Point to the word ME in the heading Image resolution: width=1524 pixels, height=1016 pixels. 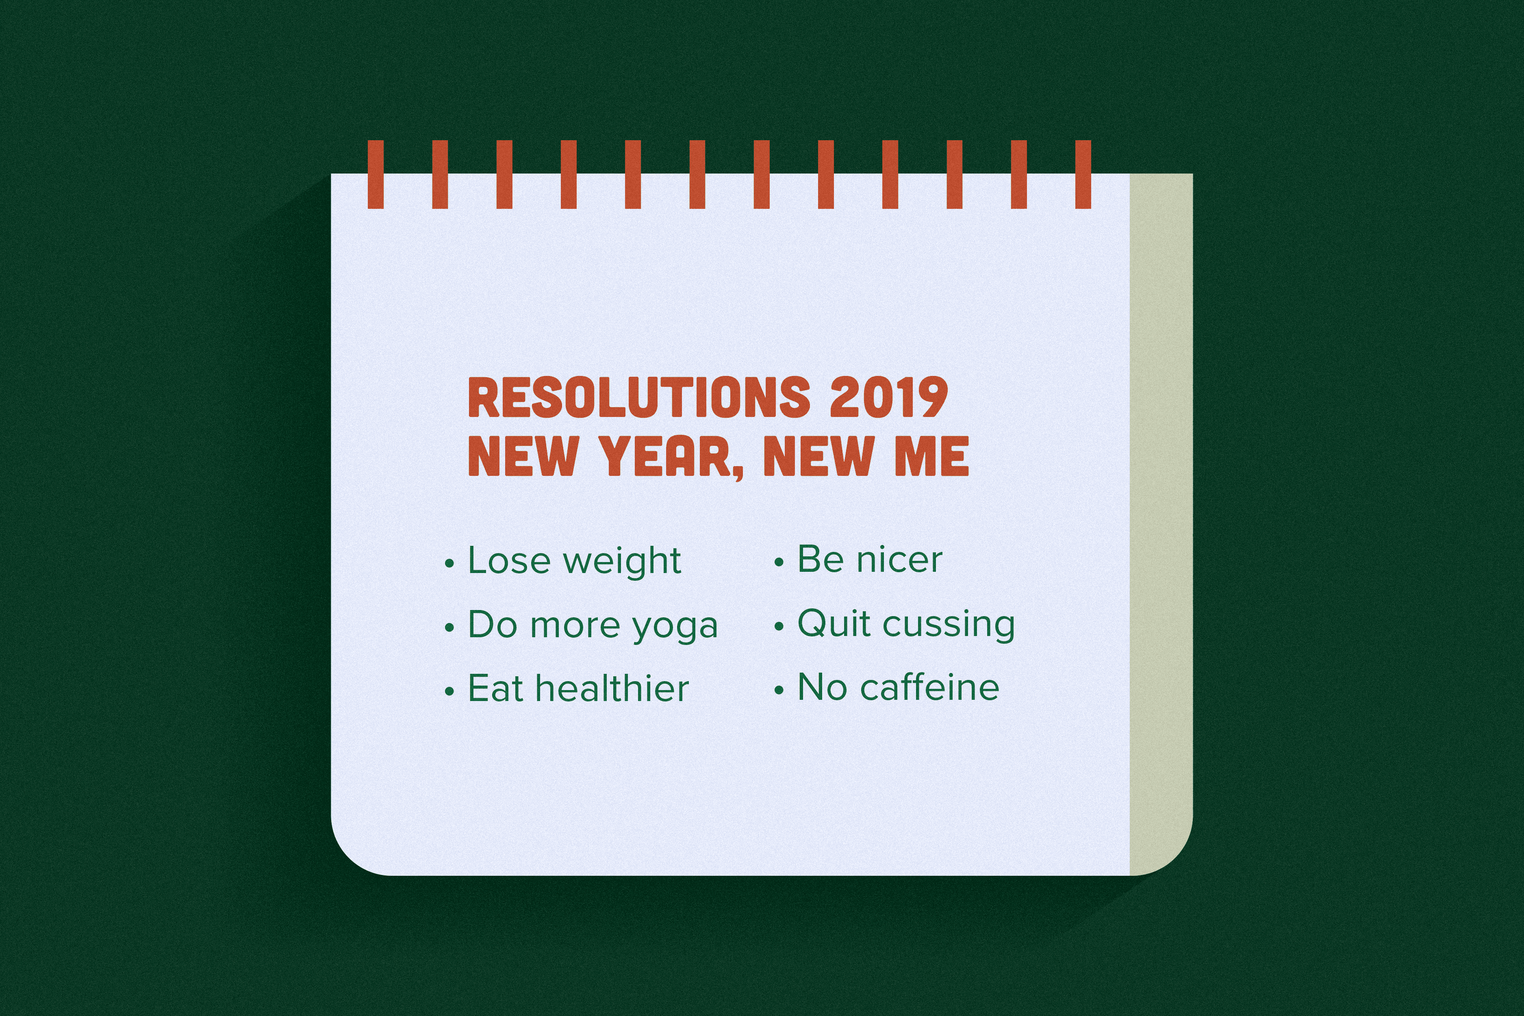click(932, 456)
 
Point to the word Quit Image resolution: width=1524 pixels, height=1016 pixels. click(834, 623)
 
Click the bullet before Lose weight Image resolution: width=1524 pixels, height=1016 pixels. click(450, 564)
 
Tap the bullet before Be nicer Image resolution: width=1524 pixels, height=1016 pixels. click(779, 562)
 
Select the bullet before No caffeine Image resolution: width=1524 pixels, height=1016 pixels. click(779, 691)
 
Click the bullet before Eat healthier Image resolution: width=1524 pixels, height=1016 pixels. click(450, 692)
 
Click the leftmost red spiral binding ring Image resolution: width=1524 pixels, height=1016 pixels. click(376, 174)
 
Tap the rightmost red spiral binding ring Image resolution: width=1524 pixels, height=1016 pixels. click(1083, 174)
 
